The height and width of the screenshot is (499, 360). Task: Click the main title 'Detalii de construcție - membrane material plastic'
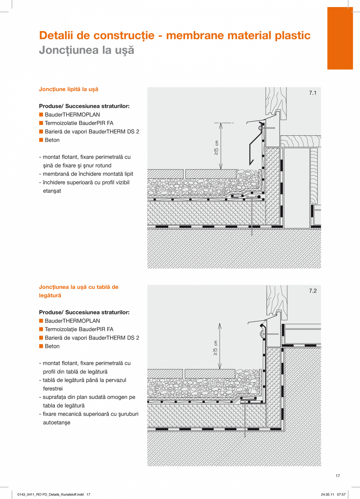coord(175,36)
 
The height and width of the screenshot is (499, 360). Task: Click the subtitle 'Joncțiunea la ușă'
coord(86,50)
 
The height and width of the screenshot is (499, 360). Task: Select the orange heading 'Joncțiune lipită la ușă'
coord(68,89)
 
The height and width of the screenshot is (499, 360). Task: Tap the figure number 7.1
coord(312,93)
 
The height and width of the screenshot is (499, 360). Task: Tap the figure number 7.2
coord(312,291)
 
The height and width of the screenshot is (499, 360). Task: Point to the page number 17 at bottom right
coord(338,476)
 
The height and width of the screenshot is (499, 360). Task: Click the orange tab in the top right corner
coord(340,38)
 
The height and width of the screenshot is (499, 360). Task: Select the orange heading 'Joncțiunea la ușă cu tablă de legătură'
coord(78,291)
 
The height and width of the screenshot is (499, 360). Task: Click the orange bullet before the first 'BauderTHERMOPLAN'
coord(41,115)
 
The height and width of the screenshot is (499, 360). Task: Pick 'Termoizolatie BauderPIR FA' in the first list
coord(79,123)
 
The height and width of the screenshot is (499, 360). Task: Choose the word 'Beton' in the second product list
coord(52,346)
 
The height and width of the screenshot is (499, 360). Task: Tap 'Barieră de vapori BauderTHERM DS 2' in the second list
coord(92,338)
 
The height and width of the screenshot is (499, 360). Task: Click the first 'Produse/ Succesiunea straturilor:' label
coord(84,106)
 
